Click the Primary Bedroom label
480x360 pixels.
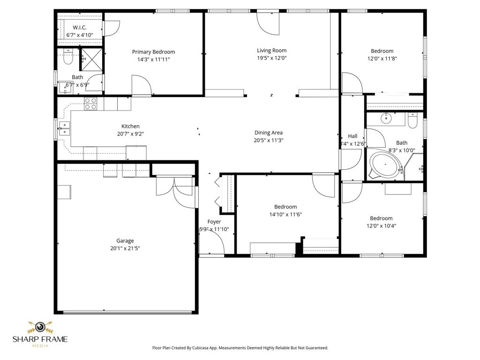tap(153, 52)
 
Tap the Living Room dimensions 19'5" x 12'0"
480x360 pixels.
tap(271, 59)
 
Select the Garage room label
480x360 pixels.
tap(125, 241)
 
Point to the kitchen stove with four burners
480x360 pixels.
tap(90, 104)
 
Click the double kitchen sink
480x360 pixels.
tap(64, 128)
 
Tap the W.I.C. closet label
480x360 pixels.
tap(80, 28)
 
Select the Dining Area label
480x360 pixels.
tap(268, 133)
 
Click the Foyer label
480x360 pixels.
tap(214, 222)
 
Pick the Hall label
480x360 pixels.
tap(352, 136)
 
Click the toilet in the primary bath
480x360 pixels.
tap(67, 58)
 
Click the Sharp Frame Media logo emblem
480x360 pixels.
tap(40, 327)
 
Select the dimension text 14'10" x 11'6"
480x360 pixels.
tap(285, 215)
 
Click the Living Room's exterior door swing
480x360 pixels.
tap(268, 23)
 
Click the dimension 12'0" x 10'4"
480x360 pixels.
tap(381, 226)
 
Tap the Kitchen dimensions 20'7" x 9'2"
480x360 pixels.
tap(130, 134)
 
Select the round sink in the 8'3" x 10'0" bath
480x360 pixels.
tap(386, 118)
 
